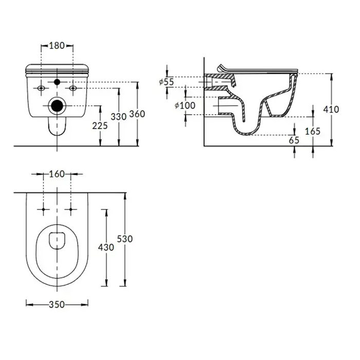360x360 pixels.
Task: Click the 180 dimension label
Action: (57, 45)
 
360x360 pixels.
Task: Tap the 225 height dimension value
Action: (100, 126)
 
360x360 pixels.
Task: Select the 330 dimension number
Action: (119, 117)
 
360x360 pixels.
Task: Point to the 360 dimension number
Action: (137, 114)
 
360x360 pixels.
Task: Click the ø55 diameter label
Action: (167, 82)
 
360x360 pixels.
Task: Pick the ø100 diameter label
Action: (185, 105)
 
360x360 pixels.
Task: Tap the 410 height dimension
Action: (331, 110)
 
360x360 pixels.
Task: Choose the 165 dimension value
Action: (313, 131)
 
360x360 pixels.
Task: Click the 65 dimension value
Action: (294, 140)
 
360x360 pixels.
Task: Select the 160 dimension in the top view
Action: (57, 174)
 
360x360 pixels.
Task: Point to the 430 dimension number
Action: (106, 247)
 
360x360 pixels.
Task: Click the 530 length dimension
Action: (125, 239)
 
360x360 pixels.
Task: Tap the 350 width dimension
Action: (57, 304)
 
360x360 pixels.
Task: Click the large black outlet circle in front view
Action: (57, 105)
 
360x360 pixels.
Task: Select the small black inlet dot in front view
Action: (57, 82)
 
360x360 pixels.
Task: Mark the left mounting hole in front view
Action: (41, 88)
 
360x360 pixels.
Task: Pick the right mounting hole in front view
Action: (73, 88)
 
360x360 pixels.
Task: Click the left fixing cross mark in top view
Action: (43, 209)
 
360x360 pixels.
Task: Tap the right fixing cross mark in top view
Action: (71, 209)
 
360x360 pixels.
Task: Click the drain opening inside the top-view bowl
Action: (57, 241)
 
